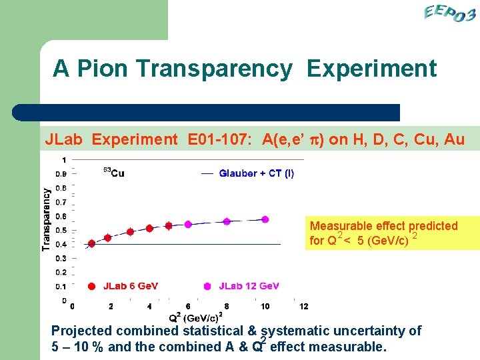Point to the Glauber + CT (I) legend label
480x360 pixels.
tap(256, 173)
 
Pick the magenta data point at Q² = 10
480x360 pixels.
tap(265, 219)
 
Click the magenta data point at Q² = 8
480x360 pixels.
tap(227, 221)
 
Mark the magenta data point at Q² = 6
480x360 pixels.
tap(188, 225)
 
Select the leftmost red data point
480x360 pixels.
tap(91, 244)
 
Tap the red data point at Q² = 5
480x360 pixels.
tap(169, 226)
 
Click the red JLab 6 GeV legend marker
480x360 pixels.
tap(91, 287)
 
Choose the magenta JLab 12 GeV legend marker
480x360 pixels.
tap(207, 287)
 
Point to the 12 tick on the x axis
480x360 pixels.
tap(304, 307)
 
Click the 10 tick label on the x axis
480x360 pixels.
tap(265, 307)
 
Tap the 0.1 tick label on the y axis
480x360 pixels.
tap(60, 287)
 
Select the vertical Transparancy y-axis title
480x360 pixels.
tap(46, 219)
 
